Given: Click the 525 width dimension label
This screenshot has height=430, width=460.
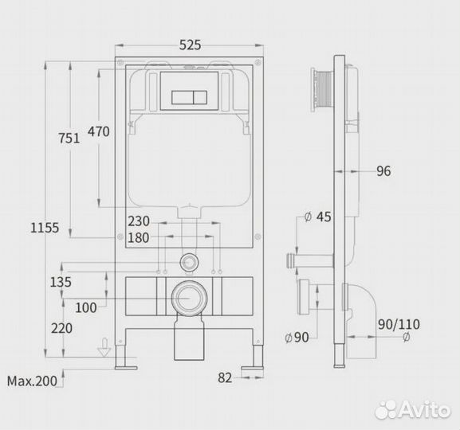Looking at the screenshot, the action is tap(190, 45).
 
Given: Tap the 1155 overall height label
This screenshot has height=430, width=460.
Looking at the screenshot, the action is tap(45, 228).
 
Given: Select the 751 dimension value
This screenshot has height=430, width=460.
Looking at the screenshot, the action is tap(69, 139).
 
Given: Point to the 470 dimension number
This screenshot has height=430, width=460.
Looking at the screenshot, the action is tap(99, 131).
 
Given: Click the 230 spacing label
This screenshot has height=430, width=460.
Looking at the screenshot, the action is tap(139, 221).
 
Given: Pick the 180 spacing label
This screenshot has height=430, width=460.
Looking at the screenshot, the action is tap(138, 238).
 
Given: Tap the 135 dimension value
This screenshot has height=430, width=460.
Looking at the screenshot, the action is tap(61, 282).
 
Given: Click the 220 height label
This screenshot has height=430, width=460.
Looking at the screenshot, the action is tap(61, 328).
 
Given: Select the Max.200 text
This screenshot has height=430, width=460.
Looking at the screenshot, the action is tap(32, 381).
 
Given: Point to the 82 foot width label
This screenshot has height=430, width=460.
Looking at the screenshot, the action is tap(225, 378).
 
